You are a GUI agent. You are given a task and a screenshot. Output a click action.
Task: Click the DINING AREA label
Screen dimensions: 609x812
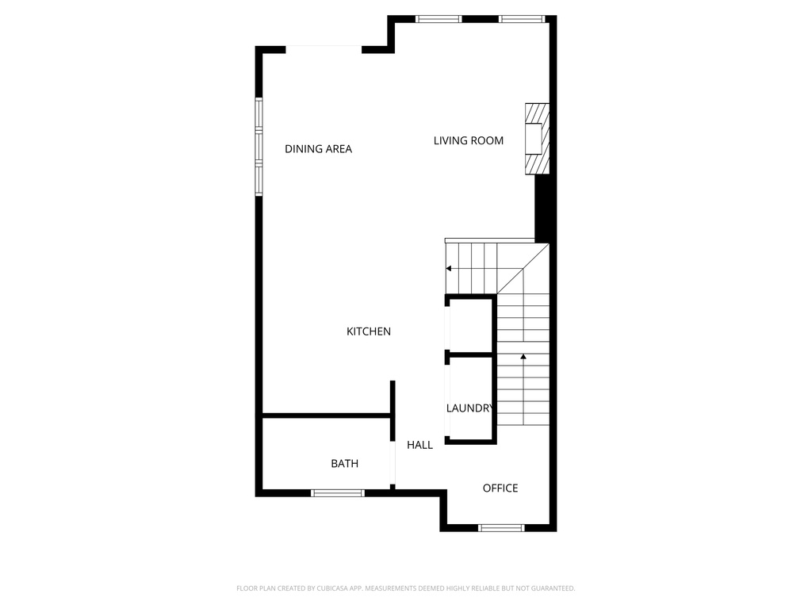[x=318, y=149]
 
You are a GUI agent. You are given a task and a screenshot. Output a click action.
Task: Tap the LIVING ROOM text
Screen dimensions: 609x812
[x=468, y=141]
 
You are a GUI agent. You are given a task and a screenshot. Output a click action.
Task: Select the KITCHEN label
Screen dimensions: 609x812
[x=369, y=331]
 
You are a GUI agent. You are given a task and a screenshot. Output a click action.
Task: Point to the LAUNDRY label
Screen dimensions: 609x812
[x=470, y=408]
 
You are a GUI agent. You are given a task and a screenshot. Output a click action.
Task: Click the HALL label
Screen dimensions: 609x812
[x=419, y=446]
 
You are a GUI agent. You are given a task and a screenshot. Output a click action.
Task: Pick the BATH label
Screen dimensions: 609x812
[x=344, y=463]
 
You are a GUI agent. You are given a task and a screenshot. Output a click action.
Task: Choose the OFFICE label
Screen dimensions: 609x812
[x=500, y=488]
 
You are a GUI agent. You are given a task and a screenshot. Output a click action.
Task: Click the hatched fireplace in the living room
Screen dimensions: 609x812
[x=537, y=138]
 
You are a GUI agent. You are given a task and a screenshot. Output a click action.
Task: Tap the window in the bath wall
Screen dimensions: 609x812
[x=337, y=493]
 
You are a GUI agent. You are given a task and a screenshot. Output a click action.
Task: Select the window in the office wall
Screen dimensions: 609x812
[x=501, y=527]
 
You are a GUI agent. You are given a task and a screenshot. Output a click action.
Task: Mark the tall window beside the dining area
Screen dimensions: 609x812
[x=259, y=146]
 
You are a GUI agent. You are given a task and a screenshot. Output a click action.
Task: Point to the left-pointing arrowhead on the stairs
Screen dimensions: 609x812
[x=450, y=269]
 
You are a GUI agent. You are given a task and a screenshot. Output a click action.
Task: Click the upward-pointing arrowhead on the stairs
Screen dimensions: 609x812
[x=523, y=358]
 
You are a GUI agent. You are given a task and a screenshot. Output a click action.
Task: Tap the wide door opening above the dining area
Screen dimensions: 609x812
[x=324, y=48]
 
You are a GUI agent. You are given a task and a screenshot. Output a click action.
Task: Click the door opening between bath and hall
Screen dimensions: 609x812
[x=393, y=465]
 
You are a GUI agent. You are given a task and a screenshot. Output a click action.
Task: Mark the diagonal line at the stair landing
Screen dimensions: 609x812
[x=523, y=269]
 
